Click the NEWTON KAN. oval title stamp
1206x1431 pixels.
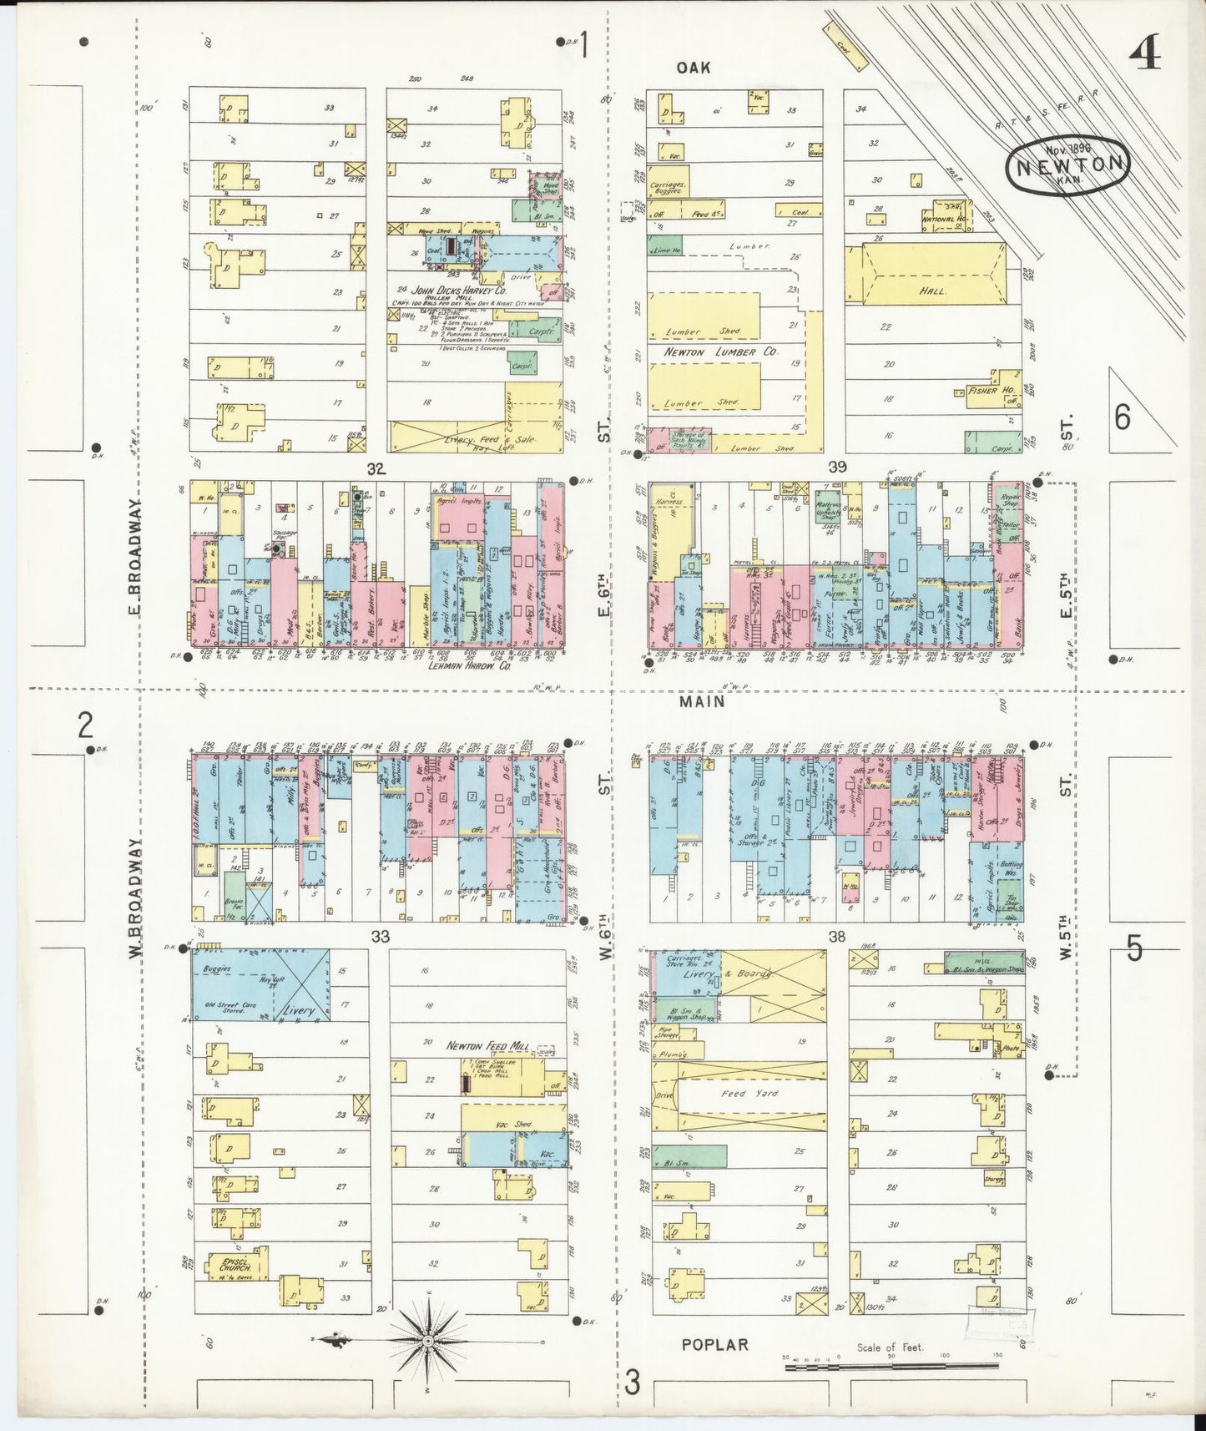click(x=1068, y=164)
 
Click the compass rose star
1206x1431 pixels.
click(x=426, y=1340)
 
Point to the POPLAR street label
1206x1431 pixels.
click(x=714, y=1344)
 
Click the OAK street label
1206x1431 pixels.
click(x=694, y=68)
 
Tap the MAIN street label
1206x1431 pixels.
click(x=701, y=702)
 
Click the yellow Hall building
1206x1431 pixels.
click(x=933, y=288)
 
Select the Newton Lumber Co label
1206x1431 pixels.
click(x=721, y=352)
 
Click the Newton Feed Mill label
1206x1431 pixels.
click(x=483, y=1045)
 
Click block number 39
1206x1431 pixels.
click(x=836, y=467)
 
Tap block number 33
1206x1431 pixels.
click(x=380, y=936)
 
